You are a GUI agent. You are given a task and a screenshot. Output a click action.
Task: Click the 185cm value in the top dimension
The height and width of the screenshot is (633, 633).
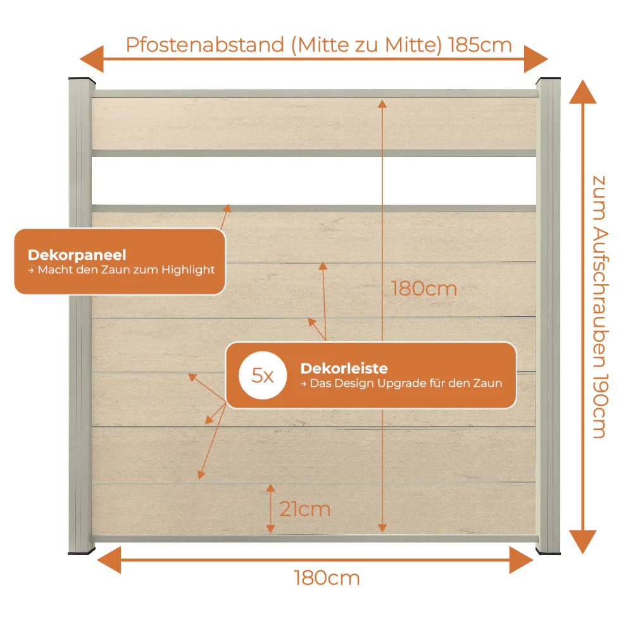(x=480, y=45)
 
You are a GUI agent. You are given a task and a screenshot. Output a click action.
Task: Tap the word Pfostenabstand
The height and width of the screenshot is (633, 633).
(x=205, y=45)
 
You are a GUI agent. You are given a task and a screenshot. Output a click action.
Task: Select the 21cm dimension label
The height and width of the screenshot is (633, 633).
(x=305, y=509)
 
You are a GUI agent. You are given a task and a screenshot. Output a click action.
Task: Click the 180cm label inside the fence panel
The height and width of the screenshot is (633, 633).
(x=424, y=289)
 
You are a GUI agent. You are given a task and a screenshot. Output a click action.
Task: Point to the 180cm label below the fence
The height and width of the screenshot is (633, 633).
(x=327, y=578)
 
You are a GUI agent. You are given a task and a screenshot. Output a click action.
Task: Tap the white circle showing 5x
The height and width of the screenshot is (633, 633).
(x=263, y=375)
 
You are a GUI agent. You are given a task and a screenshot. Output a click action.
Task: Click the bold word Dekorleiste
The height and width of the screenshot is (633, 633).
(x=344, y=368)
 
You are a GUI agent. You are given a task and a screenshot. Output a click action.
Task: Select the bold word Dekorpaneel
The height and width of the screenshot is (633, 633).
(x=77, y=254)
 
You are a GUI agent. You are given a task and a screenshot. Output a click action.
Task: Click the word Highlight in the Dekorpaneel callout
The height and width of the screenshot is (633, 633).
(x=188, y=270)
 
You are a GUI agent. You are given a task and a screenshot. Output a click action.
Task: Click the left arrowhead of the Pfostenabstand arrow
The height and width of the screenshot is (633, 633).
(x=92, y=59)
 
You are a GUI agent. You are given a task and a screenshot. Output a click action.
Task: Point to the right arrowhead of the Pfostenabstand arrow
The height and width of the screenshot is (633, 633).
(x=536, y=59)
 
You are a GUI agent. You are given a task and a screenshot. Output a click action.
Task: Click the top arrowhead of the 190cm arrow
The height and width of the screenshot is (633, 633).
(x=582, y=92)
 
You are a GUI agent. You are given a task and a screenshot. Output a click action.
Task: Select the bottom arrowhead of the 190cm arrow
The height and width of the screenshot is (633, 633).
(x=582, y=542)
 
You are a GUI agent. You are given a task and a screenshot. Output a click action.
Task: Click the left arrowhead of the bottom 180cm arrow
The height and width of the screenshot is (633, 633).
(x=109, y=560)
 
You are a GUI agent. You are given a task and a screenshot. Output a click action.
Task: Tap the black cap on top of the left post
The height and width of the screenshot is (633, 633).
(x=82, y=80)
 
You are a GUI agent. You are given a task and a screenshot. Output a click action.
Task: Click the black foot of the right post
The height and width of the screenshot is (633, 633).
(x=548, y=551)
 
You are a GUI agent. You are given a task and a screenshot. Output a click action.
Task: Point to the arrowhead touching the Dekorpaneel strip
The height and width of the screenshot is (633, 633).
(x=228, y=208)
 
